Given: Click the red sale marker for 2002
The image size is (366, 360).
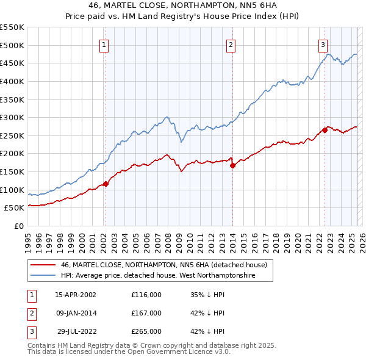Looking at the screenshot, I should click(106, 183).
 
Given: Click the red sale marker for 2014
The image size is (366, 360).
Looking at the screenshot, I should click(232, 165).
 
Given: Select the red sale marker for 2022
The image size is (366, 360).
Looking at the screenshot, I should click(325, 129).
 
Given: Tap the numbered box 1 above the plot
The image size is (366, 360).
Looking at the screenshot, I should click(104, 44).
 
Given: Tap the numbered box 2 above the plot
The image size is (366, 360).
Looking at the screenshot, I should click(231, 44).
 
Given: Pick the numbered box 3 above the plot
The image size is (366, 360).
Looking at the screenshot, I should click(323, 44).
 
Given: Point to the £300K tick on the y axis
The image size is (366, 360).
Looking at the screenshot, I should click(13, 117).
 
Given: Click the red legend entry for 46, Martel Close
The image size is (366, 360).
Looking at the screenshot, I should click(163, 265).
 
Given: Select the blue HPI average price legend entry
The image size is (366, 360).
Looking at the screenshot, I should click(157, 276).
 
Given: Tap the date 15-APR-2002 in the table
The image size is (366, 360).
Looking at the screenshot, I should click(76, 294).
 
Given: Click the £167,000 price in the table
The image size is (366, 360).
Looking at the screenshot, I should click(146, 313).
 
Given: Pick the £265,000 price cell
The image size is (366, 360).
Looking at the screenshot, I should click(146, 331).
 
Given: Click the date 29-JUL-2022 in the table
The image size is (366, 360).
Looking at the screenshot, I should click(76, 331).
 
